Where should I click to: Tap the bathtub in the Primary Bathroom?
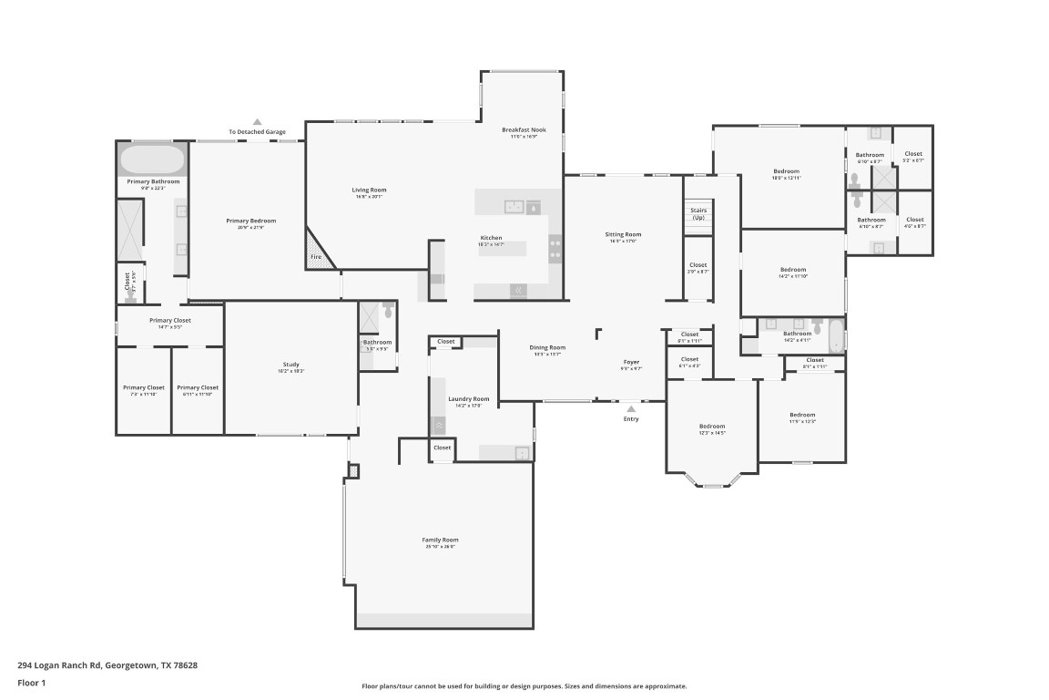coord(152,160)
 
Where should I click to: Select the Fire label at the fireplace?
coord(316,257)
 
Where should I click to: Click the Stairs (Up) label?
coord(698,214)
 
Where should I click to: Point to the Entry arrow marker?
coord(631,409)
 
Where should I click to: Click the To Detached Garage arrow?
coord(257,121)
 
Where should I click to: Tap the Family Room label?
coord(440,540)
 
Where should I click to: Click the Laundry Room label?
coord(469,399)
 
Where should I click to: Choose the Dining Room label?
coord(548,347)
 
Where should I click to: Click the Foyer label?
coord(631,363)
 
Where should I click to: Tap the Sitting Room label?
coord(624,234)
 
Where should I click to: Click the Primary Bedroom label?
coord(250,221)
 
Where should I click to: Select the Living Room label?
coord(370,190)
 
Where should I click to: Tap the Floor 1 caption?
coord(31,683)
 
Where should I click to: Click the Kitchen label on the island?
coord(491,239)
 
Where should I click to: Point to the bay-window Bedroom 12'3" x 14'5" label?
coord(712,427)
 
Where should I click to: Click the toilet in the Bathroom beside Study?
coord(389,311)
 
